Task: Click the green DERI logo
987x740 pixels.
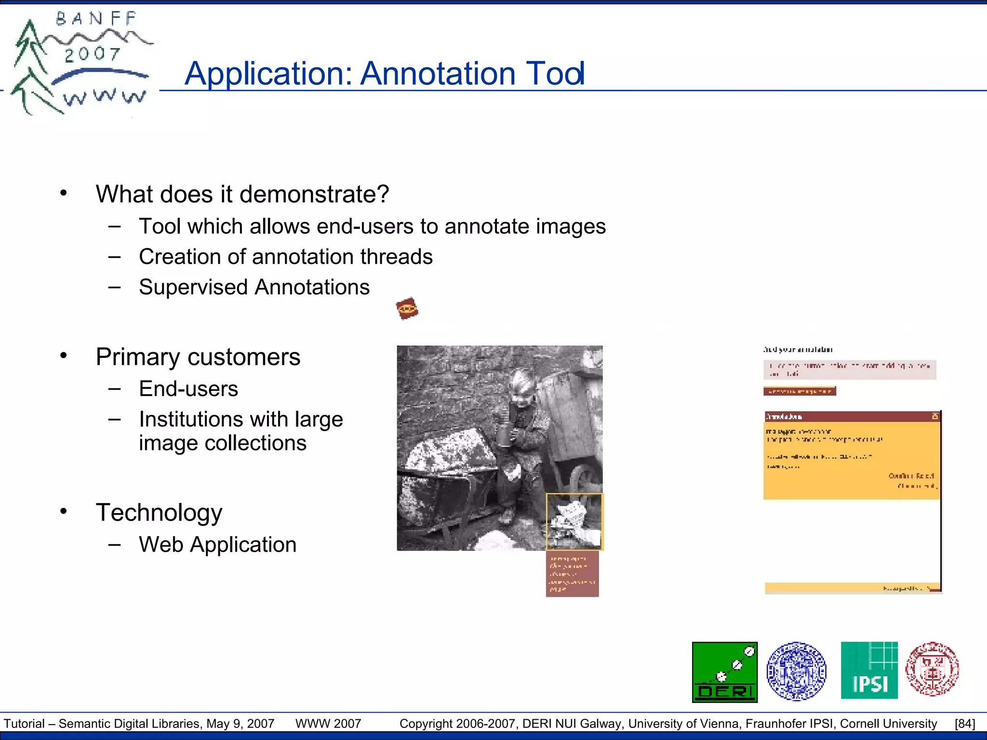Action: click(724, 672)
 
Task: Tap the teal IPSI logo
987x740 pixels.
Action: click(869, 670)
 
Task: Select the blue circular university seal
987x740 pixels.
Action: click(796, 671)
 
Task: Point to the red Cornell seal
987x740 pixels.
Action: click(932, 669)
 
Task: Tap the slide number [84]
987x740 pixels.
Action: click(965, 724)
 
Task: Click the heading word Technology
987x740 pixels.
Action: click(159, 513)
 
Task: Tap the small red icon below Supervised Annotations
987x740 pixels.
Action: click(407, 308)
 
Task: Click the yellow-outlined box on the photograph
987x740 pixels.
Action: click(574, 521)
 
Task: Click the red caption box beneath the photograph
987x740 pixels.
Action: click(572, 574)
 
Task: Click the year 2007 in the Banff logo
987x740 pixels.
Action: click(92, 54)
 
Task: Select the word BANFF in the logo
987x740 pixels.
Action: click(96, 19)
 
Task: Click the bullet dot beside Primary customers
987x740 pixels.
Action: click(64, 356)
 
